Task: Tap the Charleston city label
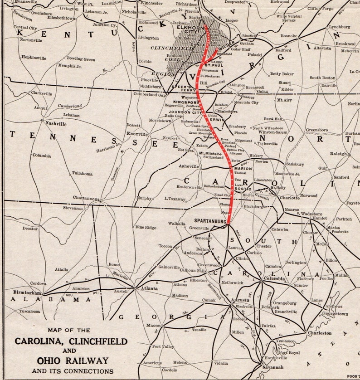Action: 320,333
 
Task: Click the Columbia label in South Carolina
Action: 275,279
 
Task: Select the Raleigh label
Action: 338,154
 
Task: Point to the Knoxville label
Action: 137,134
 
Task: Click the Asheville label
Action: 189,166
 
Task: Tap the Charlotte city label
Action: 289,198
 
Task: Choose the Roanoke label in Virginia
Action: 289,36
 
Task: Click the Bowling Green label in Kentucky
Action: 81,59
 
